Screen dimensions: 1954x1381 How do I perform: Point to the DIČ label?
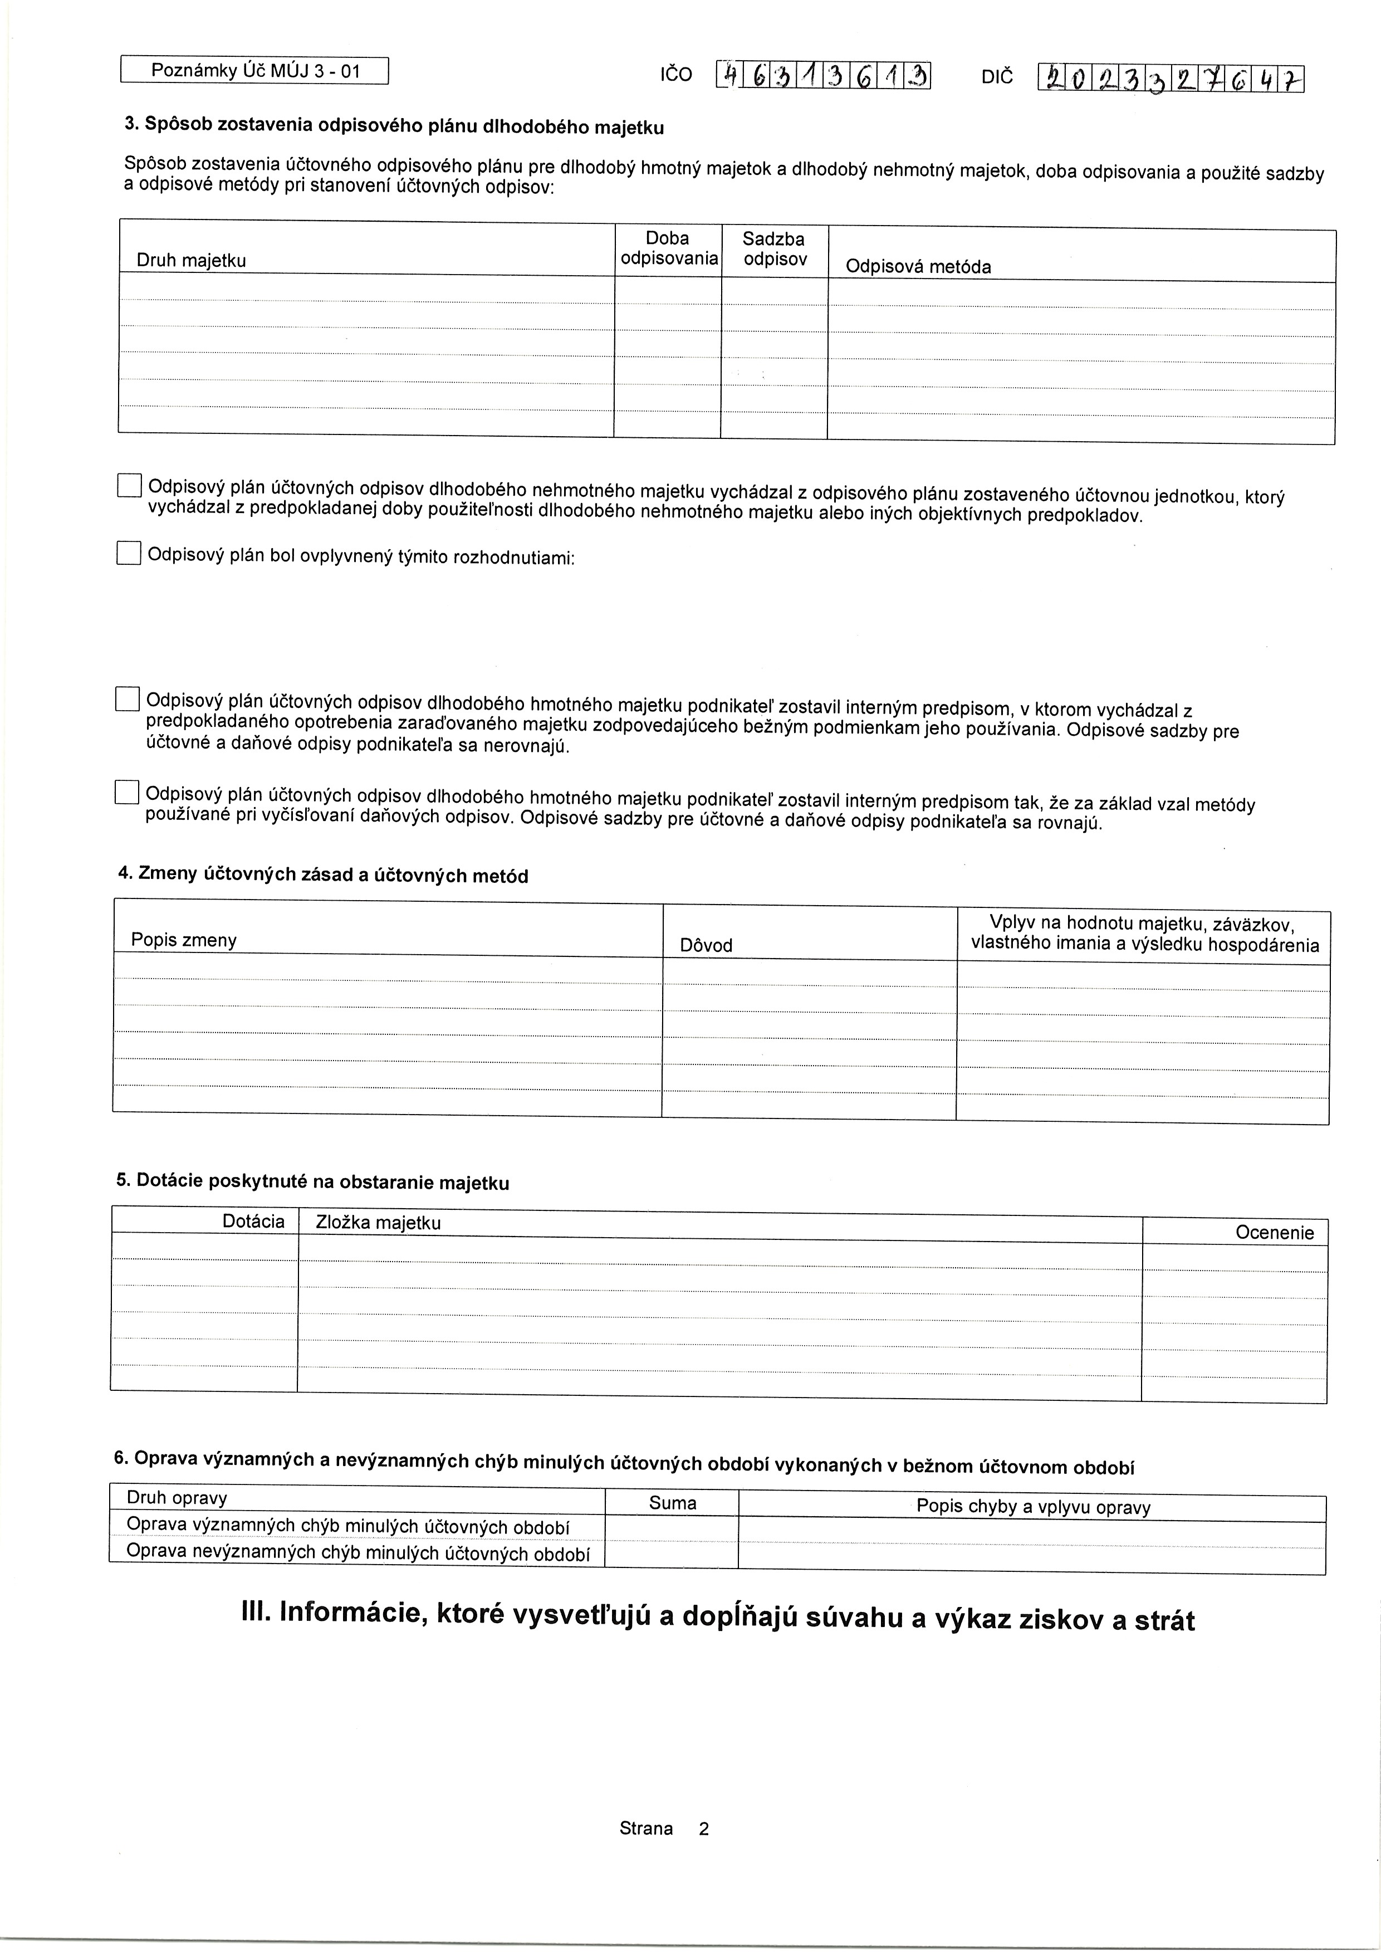(x=997, y=77)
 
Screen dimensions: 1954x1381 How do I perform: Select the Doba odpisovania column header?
(x=668, y=248)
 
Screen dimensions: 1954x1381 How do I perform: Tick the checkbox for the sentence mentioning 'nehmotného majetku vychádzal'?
(x=129, y=485)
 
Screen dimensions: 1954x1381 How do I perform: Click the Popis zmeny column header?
(x=184, y=940)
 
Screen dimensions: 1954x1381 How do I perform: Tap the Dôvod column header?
(x=706, y=945)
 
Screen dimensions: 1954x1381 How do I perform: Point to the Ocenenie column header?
(x=1274, y=1232)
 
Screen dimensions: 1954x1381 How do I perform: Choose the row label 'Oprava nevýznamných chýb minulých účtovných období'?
(x=358, y=1553)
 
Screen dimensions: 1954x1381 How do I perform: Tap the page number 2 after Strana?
(x=704, y=1829)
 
